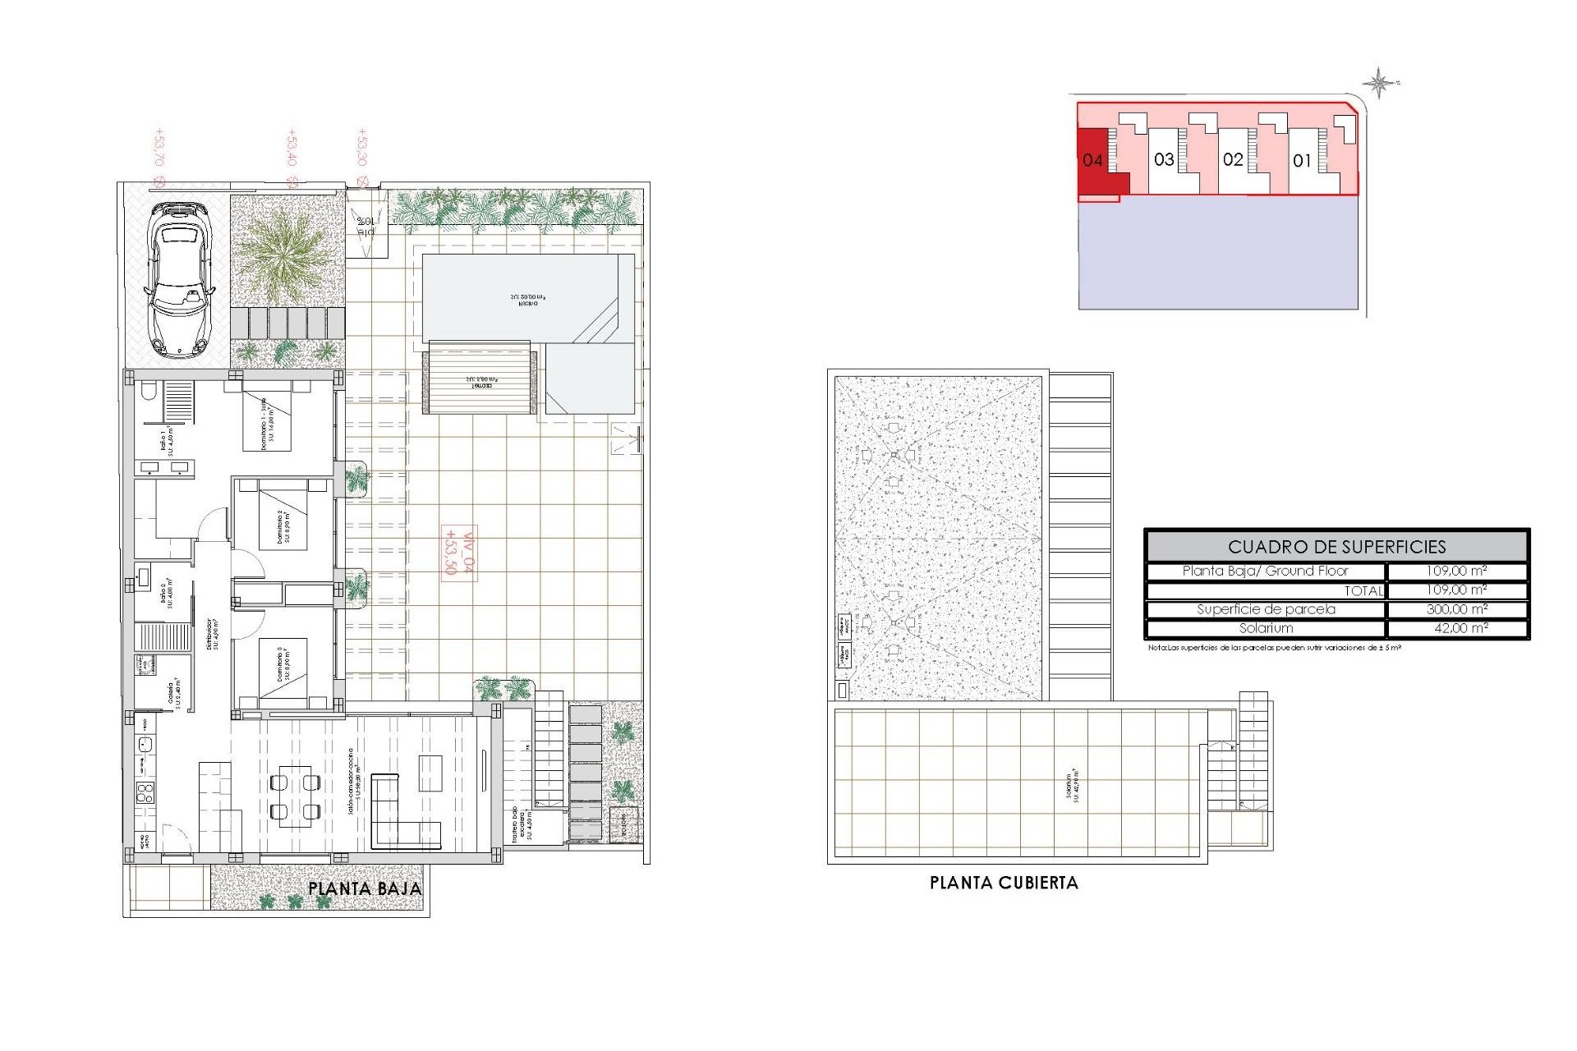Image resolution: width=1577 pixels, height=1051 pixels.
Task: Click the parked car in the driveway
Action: [x=179, y=281]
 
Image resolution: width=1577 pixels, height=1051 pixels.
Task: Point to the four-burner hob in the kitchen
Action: [x=145, y=793]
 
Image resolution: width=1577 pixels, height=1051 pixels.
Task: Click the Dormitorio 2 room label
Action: [x=283, y=526]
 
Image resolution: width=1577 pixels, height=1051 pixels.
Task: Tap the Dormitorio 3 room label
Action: [x=283, y=663]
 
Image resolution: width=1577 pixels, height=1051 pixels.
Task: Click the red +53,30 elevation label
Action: [x=362, y=148]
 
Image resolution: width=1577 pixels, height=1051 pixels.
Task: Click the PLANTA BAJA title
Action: [x=365, y=888]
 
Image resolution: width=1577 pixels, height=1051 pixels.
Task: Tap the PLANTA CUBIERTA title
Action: [x=1004, y=883]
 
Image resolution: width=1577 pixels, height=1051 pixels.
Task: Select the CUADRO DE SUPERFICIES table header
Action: [x=1336, y=547]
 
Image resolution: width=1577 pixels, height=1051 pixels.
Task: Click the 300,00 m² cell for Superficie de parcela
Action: [x=1456, y=609]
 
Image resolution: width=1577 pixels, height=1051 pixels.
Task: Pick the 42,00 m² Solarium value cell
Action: [x=1456, y=628]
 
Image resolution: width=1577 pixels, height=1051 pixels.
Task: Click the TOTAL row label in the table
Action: [x=1363, y=590]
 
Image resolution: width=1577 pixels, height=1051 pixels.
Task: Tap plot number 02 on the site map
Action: [x=1233, y=160]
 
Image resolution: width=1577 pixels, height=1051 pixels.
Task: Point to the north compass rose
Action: [x=1379, y=83]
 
